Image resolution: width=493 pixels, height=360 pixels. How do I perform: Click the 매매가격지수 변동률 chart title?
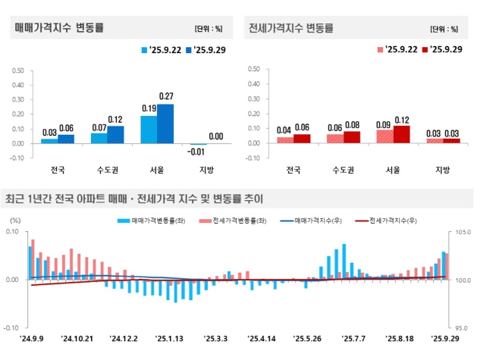(x=59, y=28)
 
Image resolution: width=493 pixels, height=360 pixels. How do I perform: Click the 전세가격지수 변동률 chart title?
(x=290, y=28)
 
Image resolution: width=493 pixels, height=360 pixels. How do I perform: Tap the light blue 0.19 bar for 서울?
(x=149, y=130)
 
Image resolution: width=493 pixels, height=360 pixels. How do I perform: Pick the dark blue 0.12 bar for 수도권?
(x=115, y=135)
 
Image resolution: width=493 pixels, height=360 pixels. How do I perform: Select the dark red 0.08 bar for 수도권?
(x=352, y=137)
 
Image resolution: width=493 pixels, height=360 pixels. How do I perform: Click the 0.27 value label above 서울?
(x=166, y=96)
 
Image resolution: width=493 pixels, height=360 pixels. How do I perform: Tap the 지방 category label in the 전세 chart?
(x=444, y=168)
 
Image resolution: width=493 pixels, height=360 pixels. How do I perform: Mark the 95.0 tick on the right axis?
(x=464, y=328)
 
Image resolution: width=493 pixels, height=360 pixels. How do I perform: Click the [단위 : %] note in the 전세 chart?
(x=444, y=30)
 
